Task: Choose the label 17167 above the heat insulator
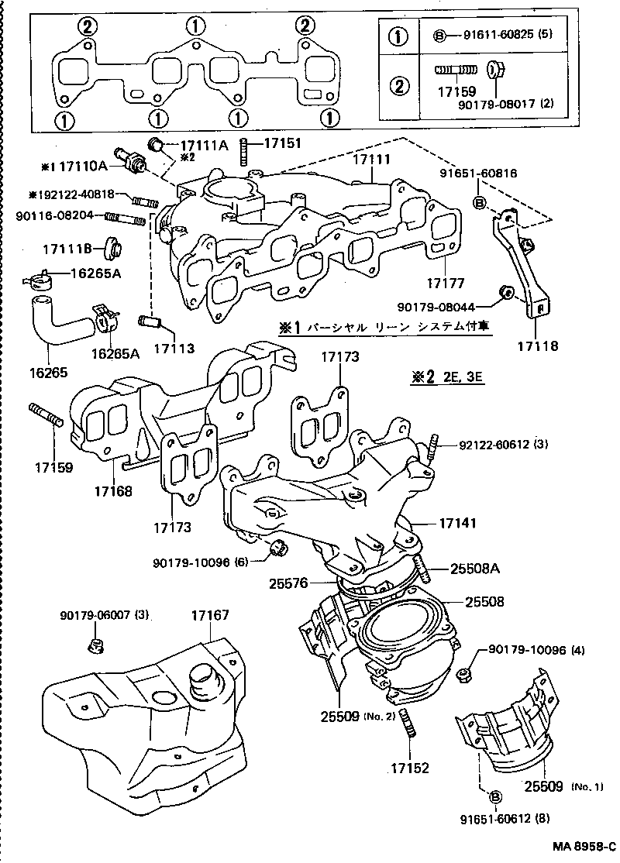click(211, 615)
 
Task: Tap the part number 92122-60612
click(493, 445)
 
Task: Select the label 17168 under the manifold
click(113, 491)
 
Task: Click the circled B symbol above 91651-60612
click(494, 795)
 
